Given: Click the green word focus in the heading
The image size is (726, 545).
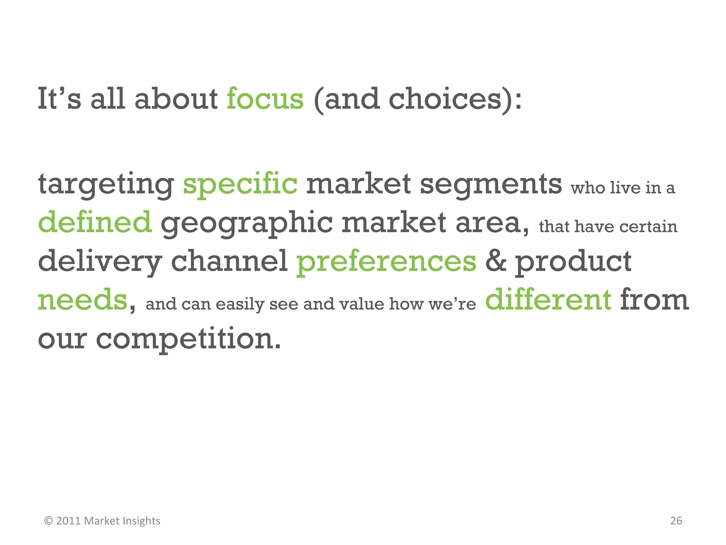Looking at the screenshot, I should click(265, 99).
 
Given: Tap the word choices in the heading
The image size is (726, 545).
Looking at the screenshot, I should click(445, 99).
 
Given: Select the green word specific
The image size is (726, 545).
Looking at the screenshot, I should click(240, 184).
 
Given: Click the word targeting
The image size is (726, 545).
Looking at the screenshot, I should click(106, 184).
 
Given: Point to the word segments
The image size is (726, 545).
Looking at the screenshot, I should click(491, 184).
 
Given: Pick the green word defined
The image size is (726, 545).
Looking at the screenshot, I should click(95, 222).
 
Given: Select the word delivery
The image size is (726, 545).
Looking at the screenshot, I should click(100, 262).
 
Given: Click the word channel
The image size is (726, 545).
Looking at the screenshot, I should click(229, 262).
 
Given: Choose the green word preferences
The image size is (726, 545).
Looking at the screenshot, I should click(386, 262).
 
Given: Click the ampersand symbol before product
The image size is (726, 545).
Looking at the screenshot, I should click(496, 262).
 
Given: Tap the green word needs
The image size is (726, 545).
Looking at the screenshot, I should click(82, 300).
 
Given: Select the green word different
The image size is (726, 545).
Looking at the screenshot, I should click(548, 300).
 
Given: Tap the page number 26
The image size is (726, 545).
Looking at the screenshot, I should click(676, 521).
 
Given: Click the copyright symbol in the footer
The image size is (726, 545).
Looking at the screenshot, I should click(49, 521).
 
